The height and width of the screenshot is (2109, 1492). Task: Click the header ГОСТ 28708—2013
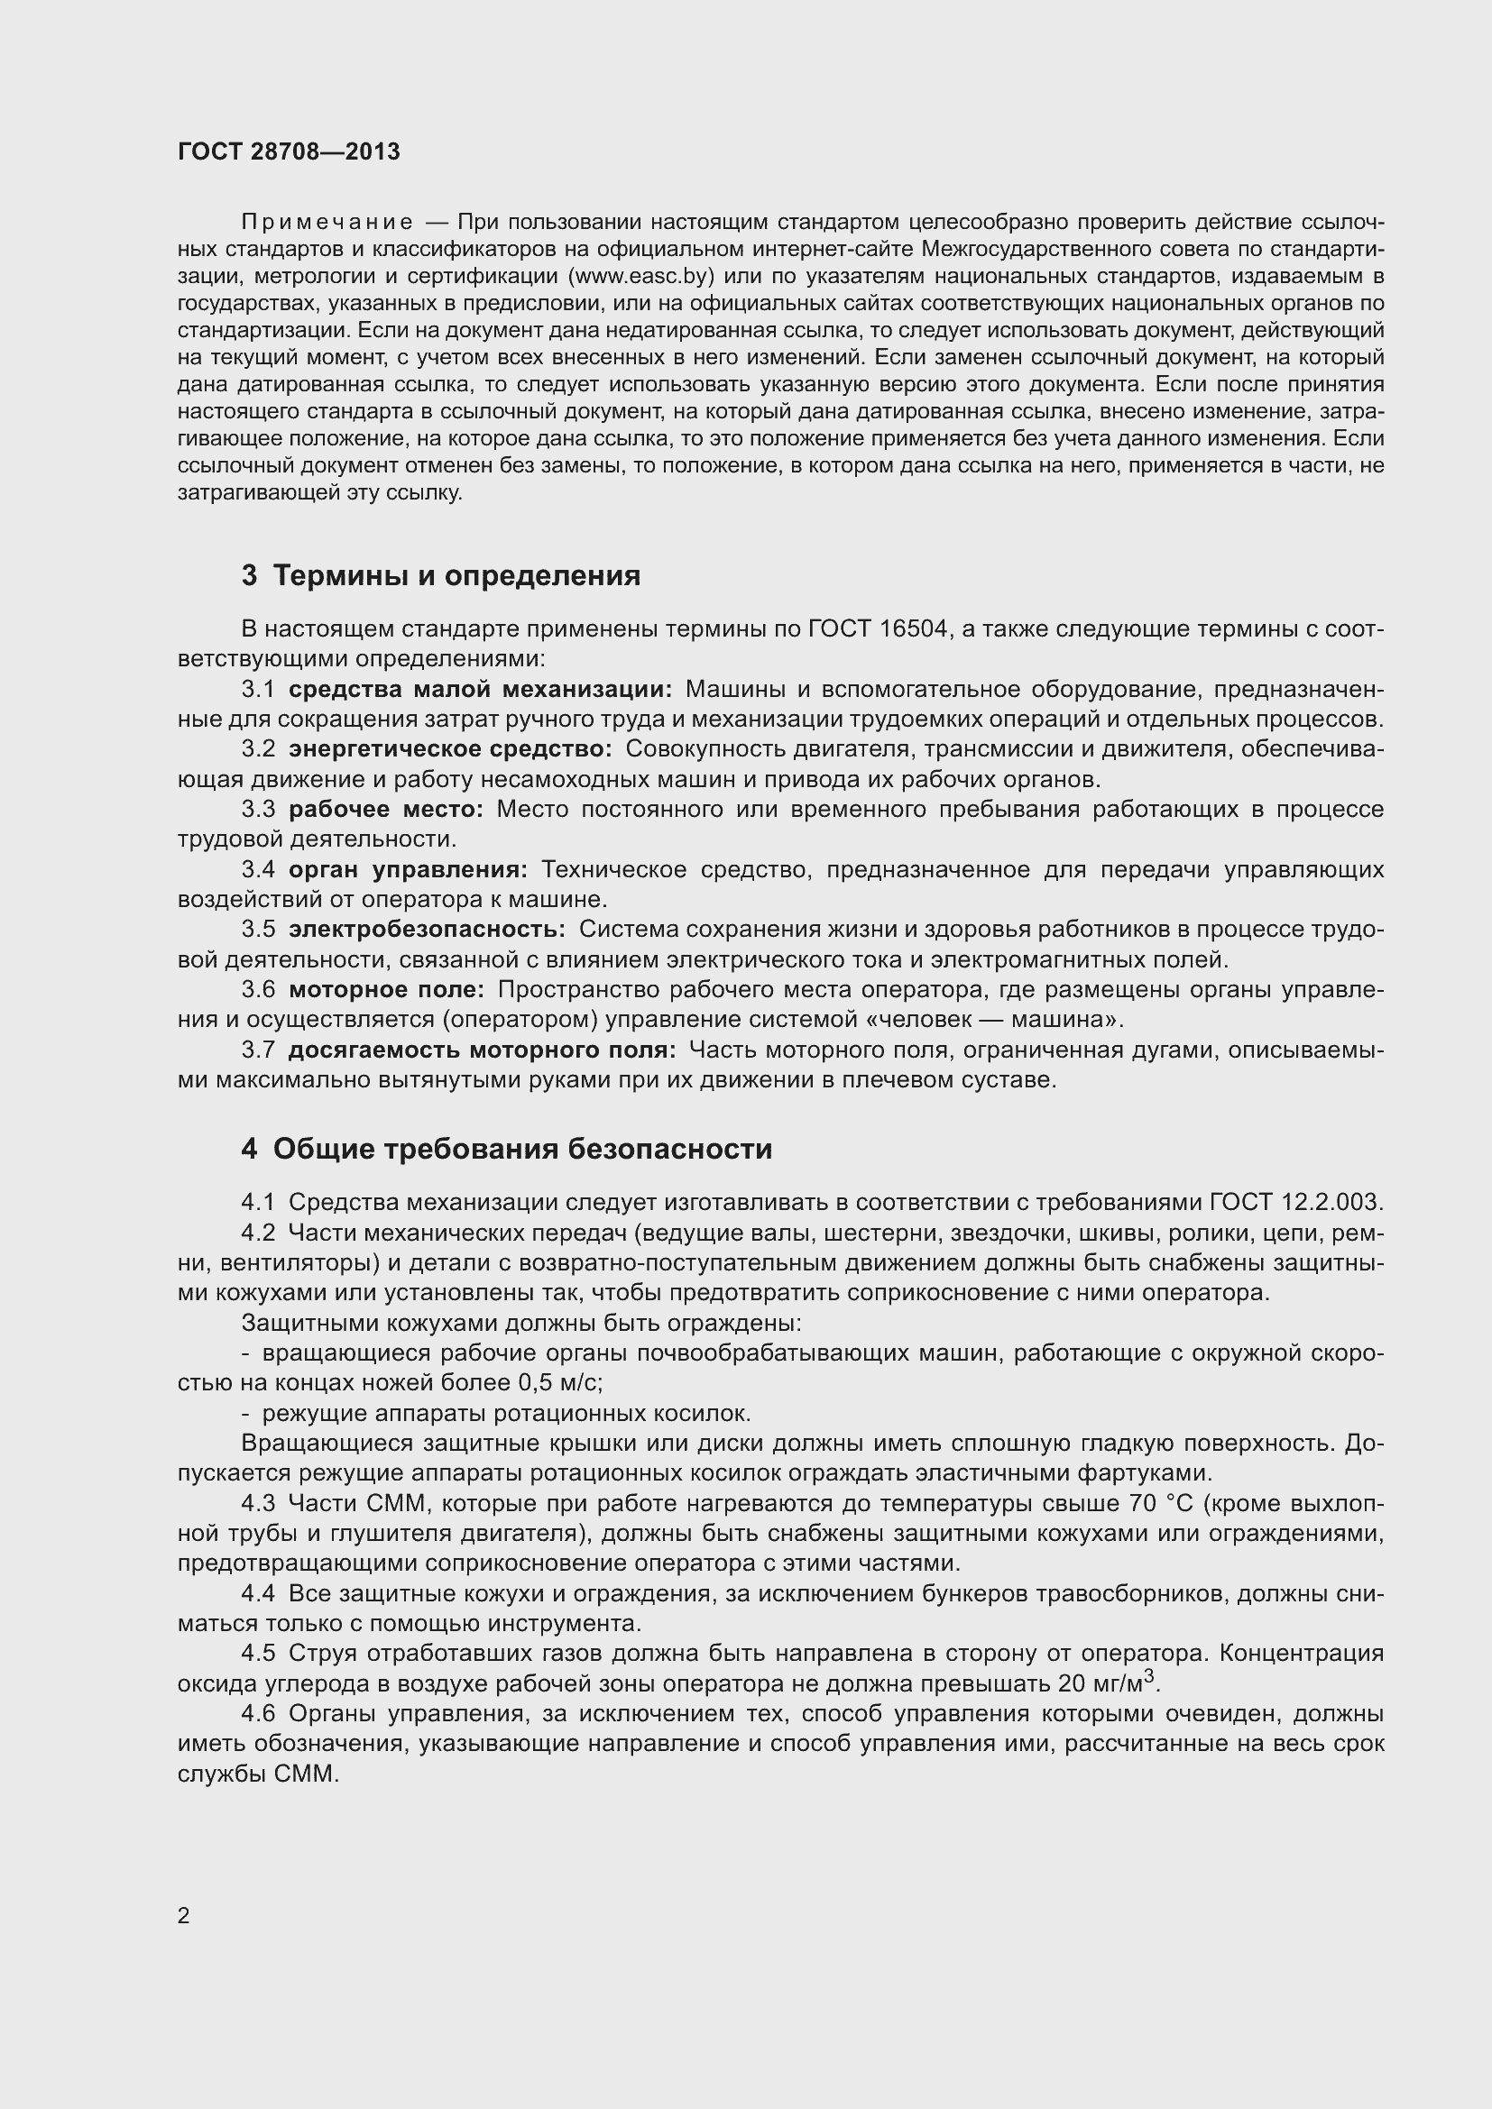click(289, 151)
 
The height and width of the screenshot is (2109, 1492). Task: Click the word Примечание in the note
click(327, 223)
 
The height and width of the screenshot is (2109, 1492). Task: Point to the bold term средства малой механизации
click(481, 689)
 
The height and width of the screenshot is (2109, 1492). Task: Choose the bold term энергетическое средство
click(450, 748)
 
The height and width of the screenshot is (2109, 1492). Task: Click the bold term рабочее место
click(386, 809)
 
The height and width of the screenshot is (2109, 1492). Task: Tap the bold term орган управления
click(408, 869)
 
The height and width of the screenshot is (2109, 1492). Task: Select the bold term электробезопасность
click(428, 929)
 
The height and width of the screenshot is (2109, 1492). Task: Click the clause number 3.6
click(258, 989)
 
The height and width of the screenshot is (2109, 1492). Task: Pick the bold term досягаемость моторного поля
click(483, 1049)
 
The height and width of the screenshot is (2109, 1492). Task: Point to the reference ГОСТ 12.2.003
click(1295, 1201)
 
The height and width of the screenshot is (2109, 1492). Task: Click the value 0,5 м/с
click(559, 1382)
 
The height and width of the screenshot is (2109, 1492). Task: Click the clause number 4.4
click(258, 1592)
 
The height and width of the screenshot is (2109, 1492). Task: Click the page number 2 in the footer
click(184, 1915)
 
